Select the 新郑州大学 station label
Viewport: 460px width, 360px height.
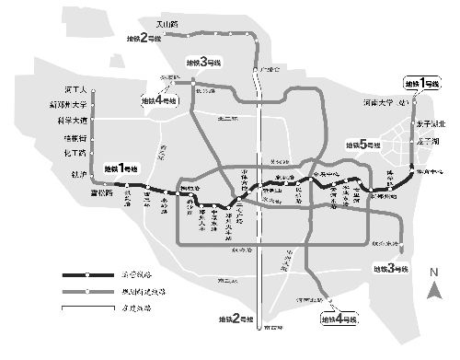point(67,105)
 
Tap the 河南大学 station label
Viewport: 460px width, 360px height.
point(385,103)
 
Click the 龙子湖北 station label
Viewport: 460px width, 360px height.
point(431,123)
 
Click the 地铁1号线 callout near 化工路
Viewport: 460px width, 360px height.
point(121,169)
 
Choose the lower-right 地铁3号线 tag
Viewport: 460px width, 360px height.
point(390,268)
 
